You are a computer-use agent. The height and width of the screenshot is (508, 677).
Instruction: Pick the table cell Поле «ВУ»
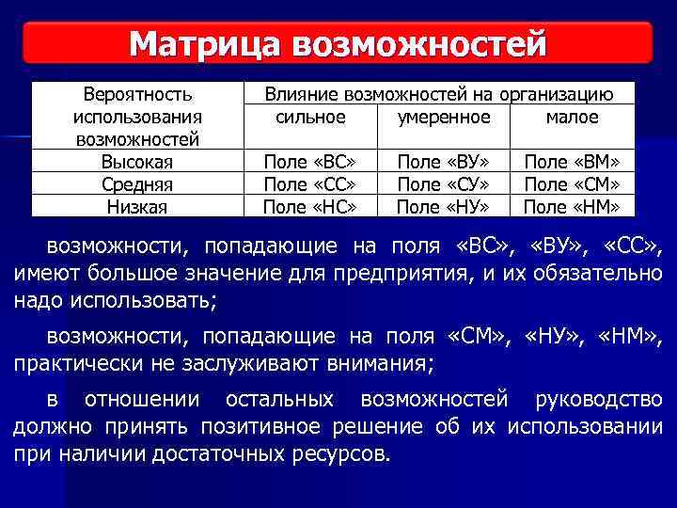(443, 162)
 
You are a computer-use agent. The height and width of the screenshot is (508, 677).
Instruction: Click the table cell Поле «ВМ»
(577, 162)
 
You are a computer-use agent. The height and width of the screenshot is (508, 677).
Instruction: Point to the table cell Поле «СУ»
(443, 183)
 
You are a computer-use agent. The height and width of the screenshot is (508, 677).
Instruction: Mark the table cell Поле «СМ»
(577, 183)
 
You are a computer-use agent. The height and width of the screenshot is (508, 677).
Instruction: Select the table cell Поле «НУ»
(443, 206)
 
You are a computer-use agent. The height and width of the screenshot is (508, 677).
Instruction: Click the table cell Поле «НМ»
(577, 206)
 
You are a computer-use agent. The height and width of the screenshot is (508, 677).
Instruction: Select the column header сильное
(310, 118)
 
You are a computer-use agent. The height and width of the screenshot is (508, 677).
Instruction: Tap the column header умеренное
(444, 118)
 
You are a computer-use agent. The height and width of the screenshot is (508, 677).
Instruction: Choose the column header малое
(572, 118)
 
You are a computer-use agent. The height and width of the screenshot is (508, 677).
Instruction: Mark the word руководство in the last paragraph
(598, 399)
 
